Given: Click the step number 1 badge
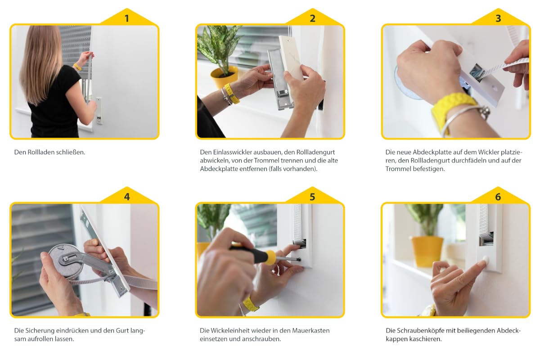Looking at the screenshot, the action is [x=127, y=18].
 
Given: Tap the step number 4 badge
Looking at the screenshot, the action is [x=127, y=197].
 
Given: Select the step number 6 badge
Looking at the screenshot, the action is [x=498, y=197].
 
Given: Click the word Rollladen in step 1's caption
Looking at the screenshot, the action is [x=41, y=152].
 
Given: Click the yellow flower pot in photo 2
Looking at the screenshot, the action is [x=224, y=76].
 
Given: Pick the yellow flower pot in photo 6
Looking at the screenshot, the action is [x=427, y=251].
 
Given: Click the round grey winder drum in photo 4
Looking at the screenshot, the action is [x=66, y=261].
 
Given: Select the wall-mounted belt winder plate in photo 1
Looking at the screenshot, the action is [x=99, y=111].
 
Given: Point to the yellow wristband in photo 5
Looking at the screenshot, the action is [x=250, y=304].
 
